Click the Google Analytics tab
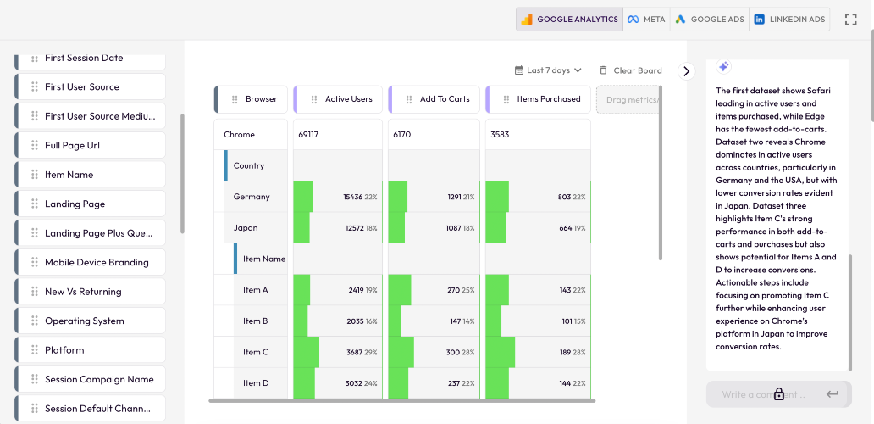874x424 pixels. coord(569,19)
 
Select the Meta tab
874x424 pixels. coord(646,19)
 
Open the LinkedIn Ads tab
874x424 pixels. coord(789,19)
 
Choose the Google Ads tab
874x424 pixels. coord(709,19)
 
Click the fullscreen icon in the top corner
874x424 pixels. coord(850,20)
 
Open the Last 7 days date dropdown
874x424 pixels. coord(547,70)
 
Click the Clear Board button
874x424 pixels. coord(630,70)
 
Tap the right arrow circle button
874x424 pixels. coord(687,71)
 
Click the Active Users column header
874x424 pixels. coord(338,99)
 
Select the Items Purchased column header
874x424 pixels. coord(538,99)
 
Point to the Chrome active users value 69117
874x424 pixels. coord(308,135)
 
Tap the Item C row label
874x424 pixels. coord(256,352)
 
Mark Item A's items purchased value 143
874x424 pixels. coord(565,290)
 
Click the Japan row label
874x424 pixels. coord(246,227)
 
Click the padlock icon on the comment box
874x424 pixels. coord(778,393)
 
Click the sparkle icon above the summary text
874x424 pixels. coord(723,66)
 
